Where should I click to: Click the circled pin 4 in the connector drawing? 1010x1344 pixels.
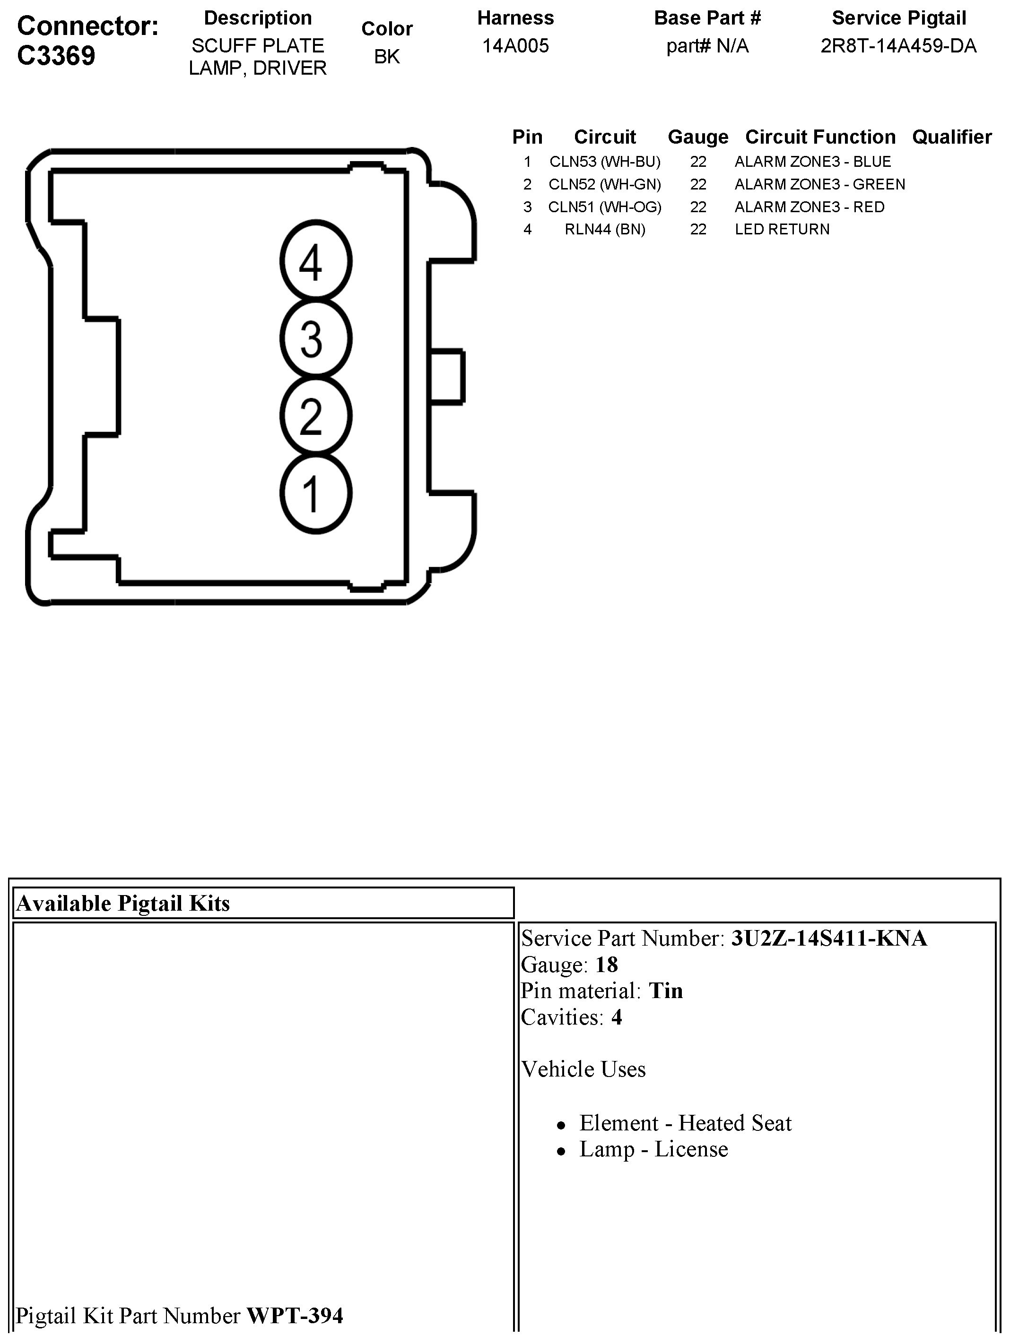tap(315, 261)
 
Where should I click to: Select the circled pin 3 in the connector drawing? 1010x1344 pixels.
tap(315, 338)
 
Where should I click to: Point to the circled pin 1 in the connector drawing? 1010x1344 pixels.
tap(315, 493)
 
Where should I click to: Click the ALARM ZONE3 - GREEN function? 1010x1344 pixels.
tap(819, 184)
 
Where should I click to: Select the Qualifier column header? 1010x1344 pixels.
tap(952, 137)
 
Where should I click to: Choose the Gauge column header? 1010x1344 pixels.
tap(697, 137)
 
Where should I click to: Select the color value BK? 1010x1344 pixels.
tap(387, 57)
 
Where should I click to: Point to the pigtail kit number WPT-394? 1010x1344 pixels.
tap(294, 1316)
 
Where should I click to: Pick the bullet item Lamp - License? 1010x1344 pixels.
tap(653, 1149)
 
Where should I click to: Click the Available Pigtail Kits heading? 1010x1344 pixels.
tap(123, 904)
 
